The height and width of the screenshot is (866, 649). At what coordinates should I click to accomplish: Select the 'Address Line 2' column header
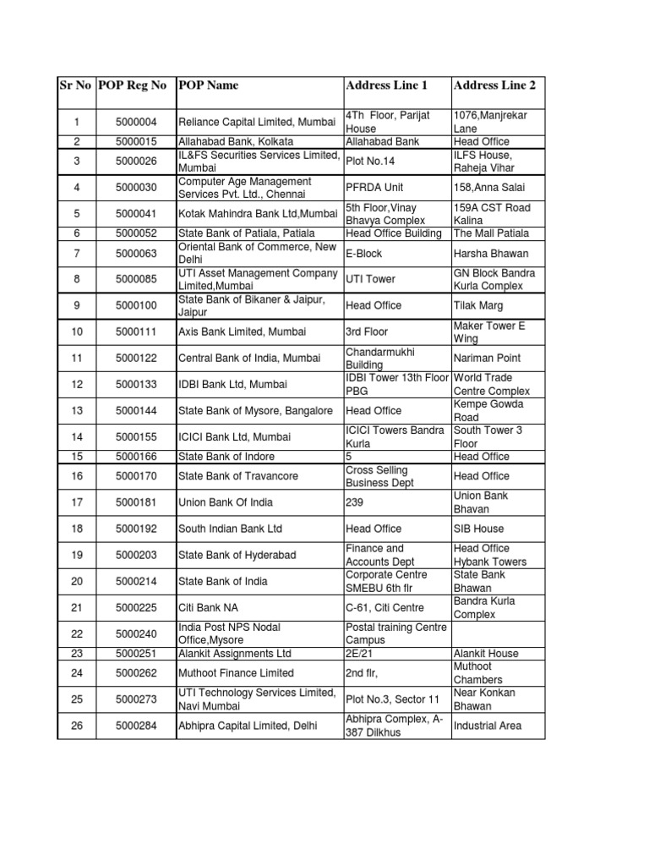pos(494,85)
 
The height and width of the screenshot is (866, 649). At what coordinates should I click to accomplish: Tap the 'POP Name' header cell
pos(208,85)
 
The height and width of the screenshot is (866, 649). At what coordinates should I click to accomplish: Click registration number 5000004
pos(137,122)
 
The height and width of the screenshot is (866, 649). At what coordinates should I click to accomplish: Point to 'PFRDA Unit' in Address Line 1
pos(374,187)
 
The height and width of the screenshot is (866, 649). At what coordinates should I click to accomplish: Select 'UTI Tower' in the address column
pos(370,279)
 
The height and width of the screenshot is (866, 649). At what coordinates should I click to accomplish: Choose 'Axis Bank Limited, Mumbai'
pos(242,332)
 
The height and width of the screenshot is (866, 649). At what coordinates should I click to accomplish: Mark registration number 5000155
pos(137,437)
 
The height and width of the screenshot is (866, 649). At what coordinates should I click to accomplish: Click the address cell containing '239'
pos(354,502)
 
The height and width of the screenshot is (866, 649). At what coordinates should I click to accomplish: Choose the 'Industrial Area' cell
pos(488,726)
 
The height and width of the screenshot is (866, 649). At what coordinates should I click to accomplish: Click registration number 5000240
pos(137,633)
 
